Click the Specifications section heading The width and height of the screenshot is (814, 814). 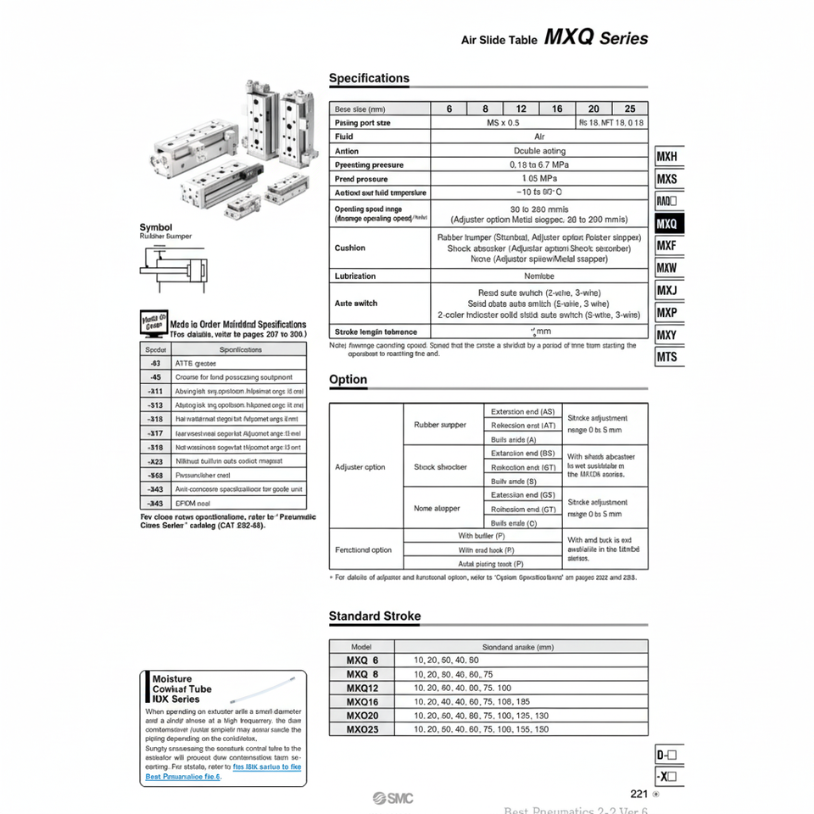tap(369, 78)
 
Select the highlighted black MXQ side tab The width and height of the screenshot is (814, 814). tap(668, 224)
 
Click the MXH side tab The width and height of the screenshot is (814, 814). tap(668, 158)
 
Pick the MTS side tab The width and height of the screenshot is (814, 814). tap(668, 357)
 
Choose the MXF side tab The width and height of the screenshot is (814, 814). tap(668, 246)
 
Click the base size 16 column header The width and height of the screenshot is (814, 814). tap(557, 109)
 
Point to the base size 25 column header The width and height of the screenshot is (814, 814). tap(629, 109)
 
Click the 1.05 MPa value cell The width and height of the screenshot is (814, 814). tap(539, 179)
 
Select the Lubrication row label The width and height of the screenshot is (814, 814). tap(355, 276)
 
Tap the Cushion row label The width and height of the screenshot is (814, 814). tap(350, 248)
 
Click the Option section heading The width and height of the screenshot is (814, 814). tap(348, 379)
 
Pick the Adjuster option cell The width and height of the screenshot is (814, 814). tap(360, 467)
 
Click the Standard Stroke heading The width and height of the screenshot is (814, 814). tap(375, 616)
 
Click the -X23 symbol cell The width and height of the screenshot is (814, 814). tap(155, 461)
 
